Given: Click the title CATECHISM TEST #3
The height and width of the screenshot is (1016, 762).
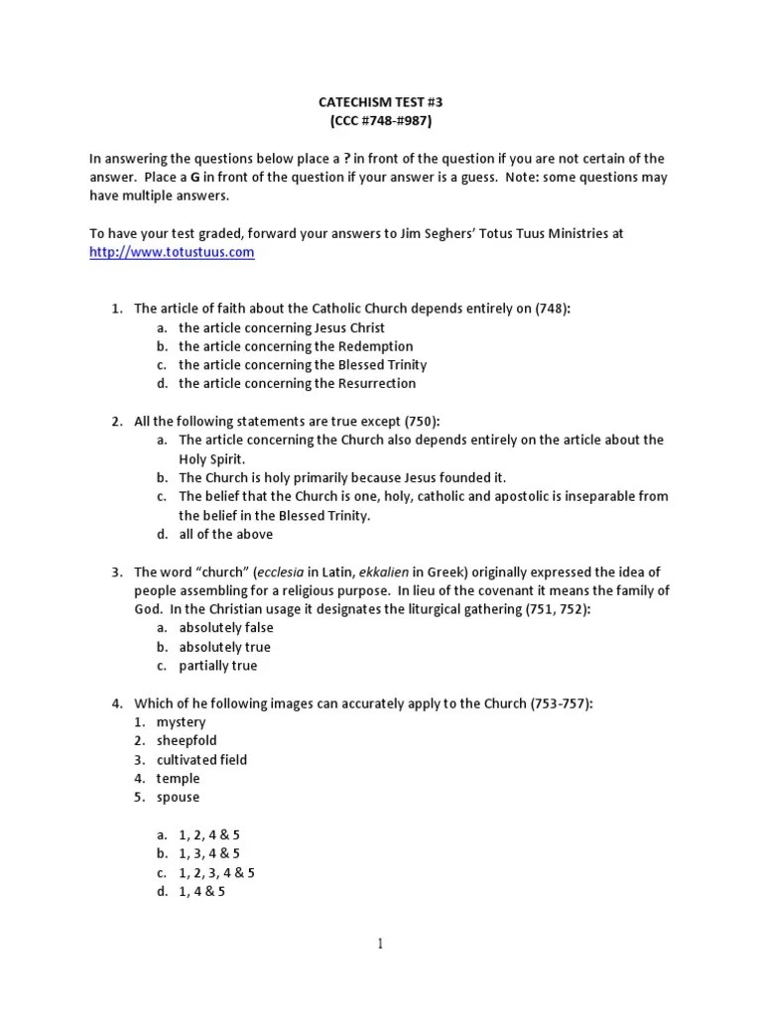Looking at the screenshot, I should [380, 103].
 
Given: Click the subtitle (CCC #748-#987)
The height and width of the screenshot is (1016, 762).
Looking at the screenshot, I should [380, 122].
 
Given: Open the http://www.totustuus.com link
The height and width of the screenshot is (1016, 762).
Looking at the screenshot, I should [172, 252].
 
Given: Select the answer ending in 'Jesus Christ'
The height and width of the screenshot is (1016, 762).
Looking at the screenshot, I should [281, 327].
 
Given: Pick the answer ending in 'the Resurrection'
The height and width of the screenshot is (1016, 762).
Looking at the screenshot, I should [297, 383].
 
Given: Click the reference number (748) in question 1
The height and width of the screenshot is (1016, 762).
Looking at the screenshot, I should [552, 309].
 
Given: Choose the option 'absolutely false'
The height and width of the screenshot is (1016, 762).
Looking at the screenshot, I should [225, 628].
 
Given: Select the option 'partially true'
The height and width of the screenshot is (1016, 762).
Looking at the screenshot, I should [217, 666].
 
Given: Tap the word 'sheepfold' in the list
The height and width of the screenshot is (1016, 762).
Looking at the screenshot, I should [186, 740].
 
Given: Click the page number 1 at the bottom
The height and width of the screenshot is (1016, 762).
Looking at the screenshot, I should [380, 944].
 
